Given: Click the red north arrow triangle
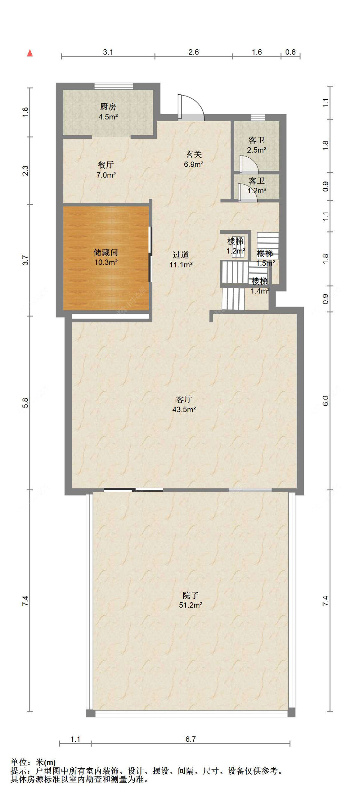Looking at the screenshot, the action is tap(30, 53).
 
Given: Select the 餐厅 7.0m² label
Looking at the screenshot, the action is tap(106, 170).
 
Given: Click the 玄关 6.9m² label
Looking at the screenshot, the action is tap(194, 159).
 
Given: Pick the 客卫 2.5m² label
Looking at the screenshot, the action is tap(257, 145).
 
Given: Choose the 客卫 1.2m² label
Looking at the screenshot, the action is tap(257, 186).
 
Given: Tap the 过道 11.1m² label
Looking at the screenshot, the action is tap(181, 259).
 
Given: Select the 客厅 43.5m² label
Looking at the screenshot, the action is tap(184, 404).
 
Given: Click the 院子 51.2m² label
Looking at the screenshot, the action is tap(191, 600).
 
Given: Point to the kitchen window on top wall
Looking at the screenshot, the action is tap(114, 86).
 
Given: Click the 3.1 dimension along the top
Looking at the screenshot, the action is tap(108, 52).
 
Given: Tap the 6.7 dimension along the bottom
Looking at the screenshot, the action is tap(190, 739).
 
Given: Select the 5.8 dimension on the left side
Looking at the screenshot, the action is tap(26, 403).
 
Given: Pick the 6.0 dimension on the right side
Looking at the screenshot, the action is tap(325, 401).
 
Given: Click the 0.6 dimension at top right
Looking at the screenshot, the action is tap(290, 52).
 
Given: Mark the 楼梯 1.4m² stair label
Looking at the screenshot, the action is tap(260, 286).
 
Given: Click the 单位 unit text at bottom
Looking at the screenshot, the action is tap(19, 762).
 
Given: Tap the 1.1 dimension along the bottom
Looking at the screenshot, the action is tap(75, 739).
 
